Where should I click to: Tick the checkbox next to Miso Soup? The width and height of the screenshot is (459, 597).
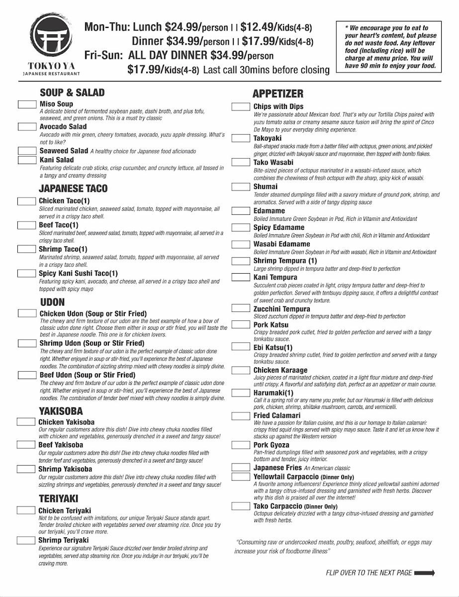(27, 104)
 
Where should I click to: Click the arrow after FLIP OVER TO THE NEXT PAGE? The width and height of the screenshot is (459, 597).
(424, 573)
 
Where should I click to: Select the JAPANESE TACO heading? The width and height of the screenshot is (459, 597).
(73, 189)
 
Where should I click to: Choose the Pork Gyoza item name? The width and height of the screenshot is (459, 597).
(271, 445)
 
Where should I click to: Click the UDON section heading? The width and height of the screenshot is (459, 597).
(52, 302)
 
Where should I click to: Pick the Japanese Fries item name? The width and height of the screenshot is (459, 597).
(277, 468)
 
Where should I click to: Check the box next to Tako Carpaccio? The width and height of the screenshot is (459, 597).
(241, 506)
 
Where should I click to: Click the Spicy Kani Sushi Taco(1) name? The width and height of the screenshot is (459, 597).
(79, 274)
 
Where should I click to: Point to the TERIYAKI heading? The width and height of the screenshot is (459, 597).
(59, 498)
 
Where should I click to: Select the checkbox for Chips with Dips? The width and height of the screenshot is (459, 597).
(241, 106)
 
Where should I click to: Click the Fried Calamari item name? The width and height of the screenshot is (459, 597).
(277, 415)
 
